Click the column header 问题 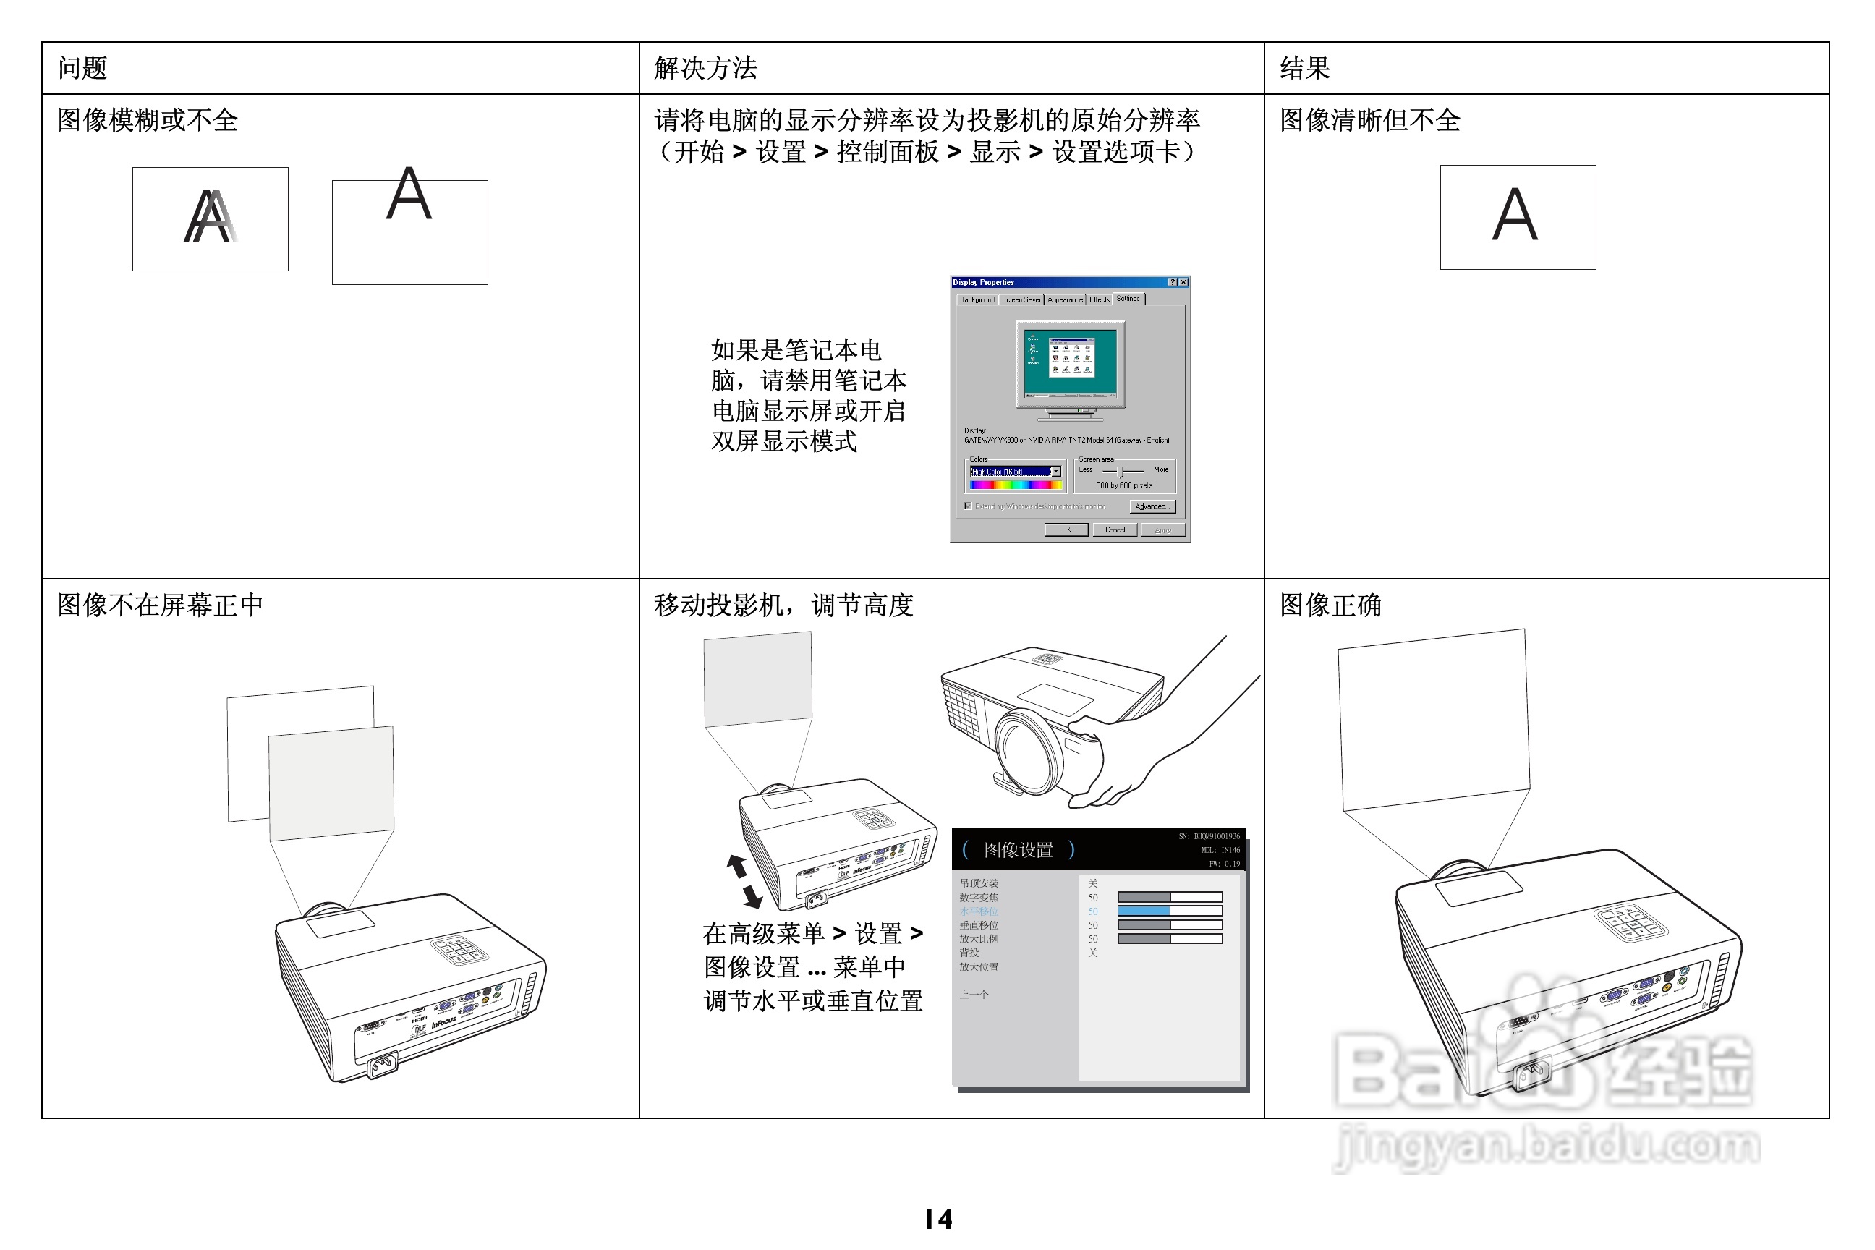[82, 69]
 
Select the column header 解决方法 [705, 69]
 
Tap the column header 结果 [1304, 69]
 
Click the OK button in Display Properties [1066, 530]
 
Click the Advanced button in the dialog [1151, 506]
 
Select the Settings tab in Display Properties [1127, 299]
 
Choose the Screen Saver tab [1021, 299]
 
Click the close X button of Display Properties [1184, 282]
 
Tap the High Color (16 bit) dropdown [1015, 472]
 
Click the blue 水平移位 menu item [978, 911]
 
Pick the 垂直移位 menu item [978, 925]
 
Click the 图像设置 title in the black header [1018, 850]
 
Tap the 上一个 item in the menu [974, 995]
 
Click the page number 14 [938, 1219]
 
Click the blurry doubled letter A [211, 217]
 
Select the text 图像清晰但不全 [1369, 120]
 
